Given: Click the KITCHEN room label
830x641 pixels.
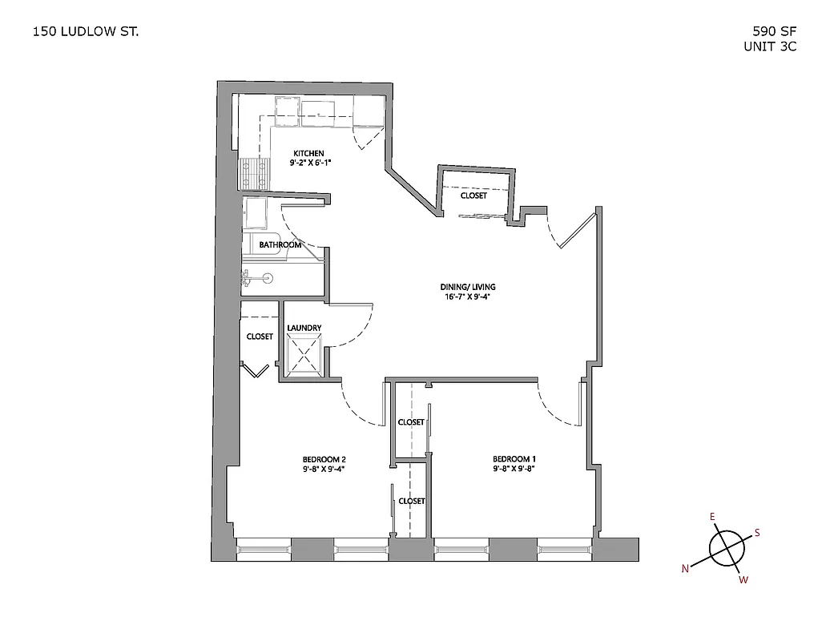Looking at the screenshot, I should (x=308, y=153).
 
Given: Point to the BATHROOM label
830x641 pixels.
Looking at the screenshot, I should (x=280, y=245).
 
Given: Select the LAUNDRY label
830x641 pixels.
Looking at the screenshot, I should (x=304, y=328).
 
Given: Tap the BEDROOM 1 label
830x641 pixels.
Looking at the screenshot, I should (x=514, y=458).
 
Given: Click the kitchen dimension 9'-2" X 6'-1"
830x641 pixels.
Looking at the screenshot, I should (x=310, y=163).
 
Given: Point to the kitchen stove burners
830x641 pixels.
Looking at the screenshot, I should (x=254, y=173).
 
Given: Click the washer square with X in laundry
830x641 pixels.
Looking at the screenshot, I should (x=304, y=352).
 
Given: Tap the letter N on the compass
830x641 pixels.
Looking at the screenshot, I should (x=686, y=569).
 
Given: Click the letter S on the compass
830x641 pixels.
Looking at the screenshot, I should (x=758, y=533).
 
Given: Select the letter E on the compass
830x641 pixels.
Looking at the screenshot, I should (x=712, y=516).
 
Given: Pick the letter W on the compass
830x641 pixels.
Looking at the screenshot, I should (x=743, y=580).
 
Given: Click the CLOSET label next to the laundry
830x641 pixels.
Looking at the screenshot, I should (x=260, y=337).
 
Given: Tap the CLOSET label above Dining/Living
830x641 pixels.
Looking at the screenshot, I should (x=473, y=196).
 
